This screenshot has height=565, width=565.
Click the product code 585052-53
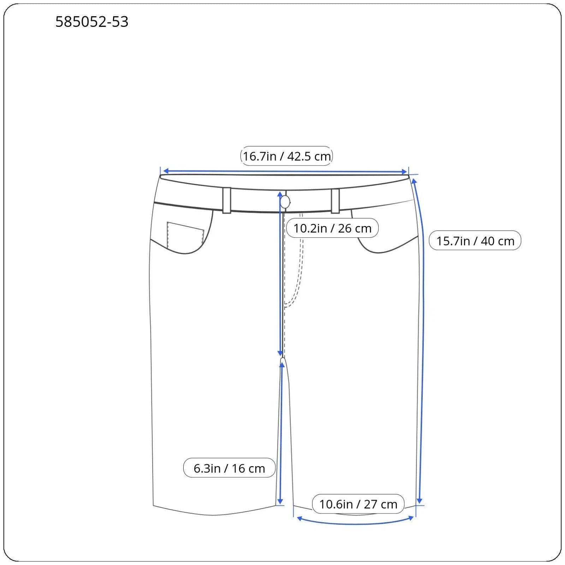coord(92,22)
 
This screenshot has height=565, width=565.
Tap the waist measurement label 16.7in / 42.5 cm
coord(286,156)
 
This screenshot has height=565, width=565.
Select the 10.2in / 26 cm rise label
coord(332,228)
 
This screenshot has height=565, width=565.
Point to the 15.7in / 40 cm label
coord(475,241)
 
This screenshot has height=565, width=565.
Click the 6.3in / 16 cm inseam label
coord(229,468)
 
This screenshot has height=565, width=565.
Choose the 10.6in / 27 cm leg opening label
coord(358,504)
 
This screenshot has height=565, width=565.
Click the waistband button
coord(285,202)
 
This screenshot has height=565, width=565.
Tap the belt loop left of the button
coord(227,201)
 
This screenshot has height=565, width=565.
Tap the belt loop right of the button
coord(335,201)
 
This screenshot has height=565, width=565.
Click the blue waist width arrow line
coord(247,172)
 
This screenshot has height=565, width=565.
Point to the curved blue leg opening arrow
coord(355,523)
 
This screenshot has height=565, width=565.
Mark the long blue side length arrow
coord(422,353)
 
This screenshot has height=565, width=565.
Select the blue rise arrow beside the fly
coord(280,275)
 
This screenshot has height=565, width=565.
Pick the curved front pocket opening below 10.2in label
coord(385,249)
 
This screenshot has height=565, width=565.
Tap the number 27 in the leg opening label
coord(370,504)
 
